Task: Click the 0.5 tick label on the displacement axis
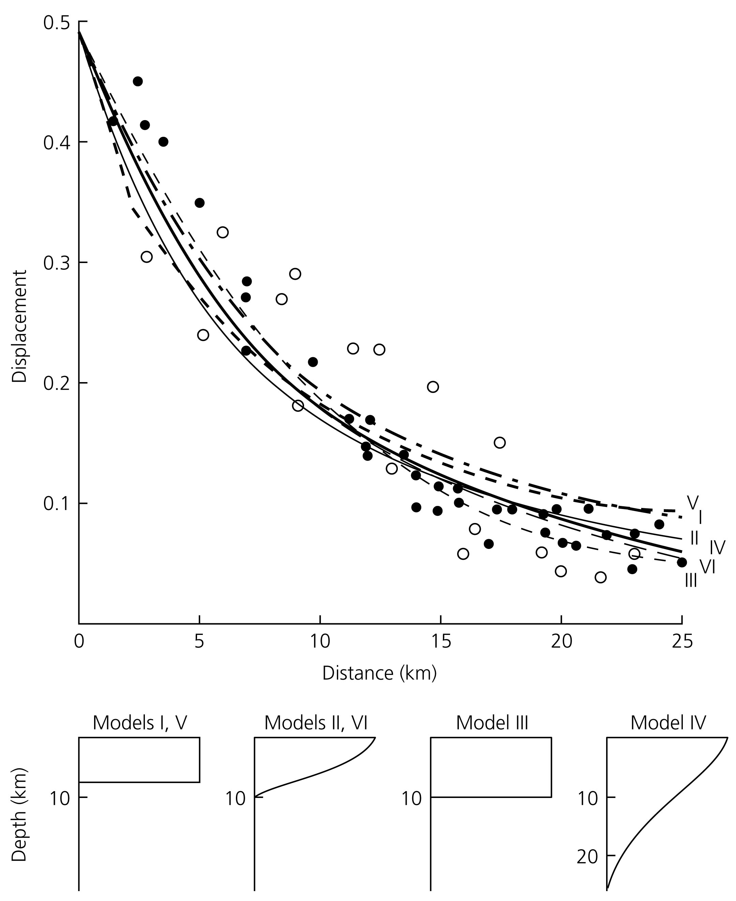(x=57, y=22)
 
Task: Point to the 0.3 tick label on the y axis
(x=57, y=263)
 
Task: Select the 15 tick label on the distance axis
(x=441, y=641)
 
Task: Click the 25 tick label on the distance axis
(x=682, y=641)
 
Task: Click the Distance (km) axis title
(x=379, y=673)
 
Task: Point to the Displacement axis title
(x=19, y=326)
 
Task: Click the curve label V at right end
(x=692, y=502)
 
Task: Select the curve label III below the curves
(x=691, y=580)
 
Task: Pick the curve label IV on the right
(x=717, y=548)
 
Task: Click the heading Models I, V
(x=140, y=723)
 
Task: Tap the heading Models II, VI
(x=316, y=723)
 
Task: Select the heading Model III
(x=492, y=723)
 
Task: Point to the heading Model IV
(x=668, y=723)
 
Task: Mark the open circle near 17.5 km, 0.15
(x=500, y=442)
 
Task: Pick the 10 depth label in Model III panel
(x=411, y=798)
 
